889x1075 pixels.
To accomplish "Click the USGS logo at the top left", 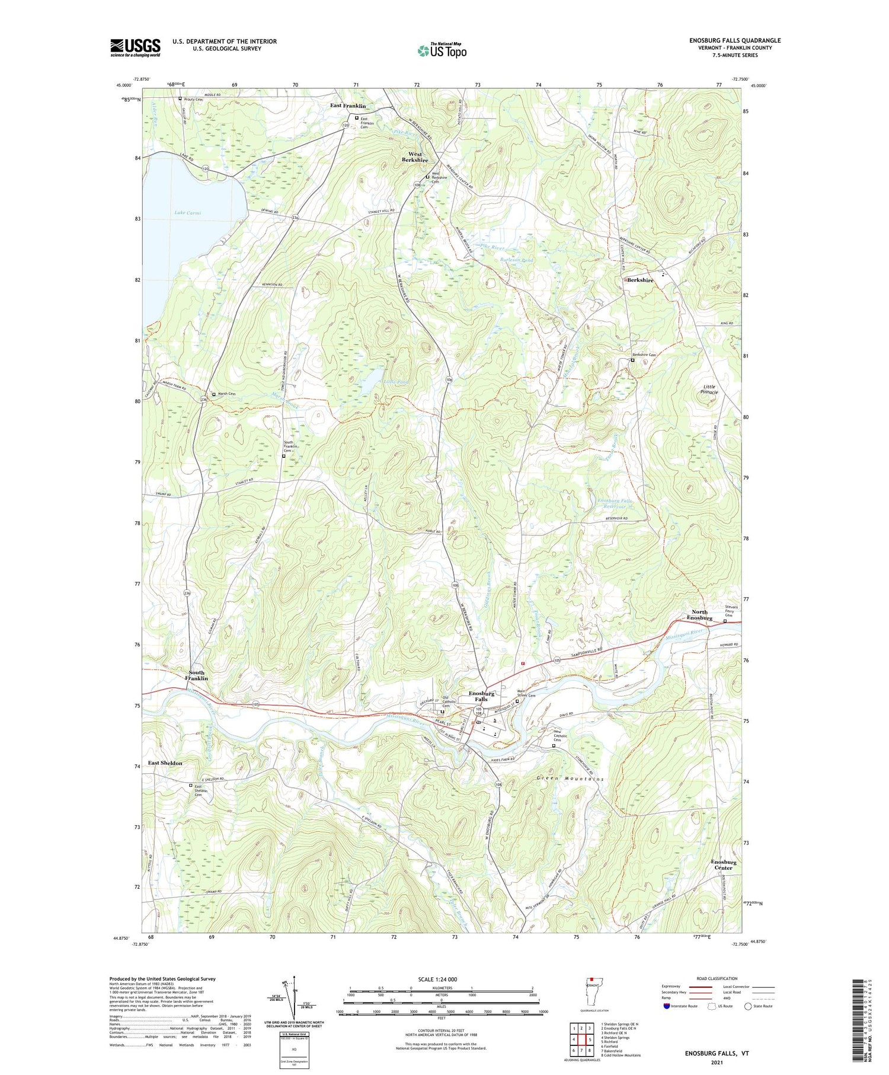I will click(135, 47).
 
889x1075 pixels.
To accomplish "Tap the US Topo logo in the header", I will click(442, 50).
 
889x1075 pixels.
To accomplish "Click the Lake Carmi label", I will click(188, 212).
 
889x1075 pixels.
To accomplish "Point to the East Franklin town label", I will click(348, 106).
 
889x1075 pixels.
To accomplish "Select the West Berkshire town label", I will click(415, 157).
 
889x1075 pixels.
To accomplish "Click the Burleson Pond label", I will click(516, 260).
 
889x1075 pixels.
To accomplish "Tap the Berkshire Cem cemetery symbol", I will click(632, 360).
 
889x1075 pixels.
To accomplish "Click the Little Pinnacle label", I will click(709, 389).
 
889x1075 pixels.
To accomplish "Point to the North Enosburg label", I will click(699, 615).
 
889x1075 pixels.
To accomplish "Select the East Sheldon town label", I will click(165, 763).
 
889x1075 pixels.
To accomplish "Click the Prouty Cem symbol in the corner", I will click(180, 99).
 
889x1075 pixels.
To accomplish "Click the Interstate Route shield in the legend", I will click(666, 1006).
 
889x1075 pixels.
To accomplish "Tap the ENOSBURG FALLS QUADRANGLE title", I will click(735, 40).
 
